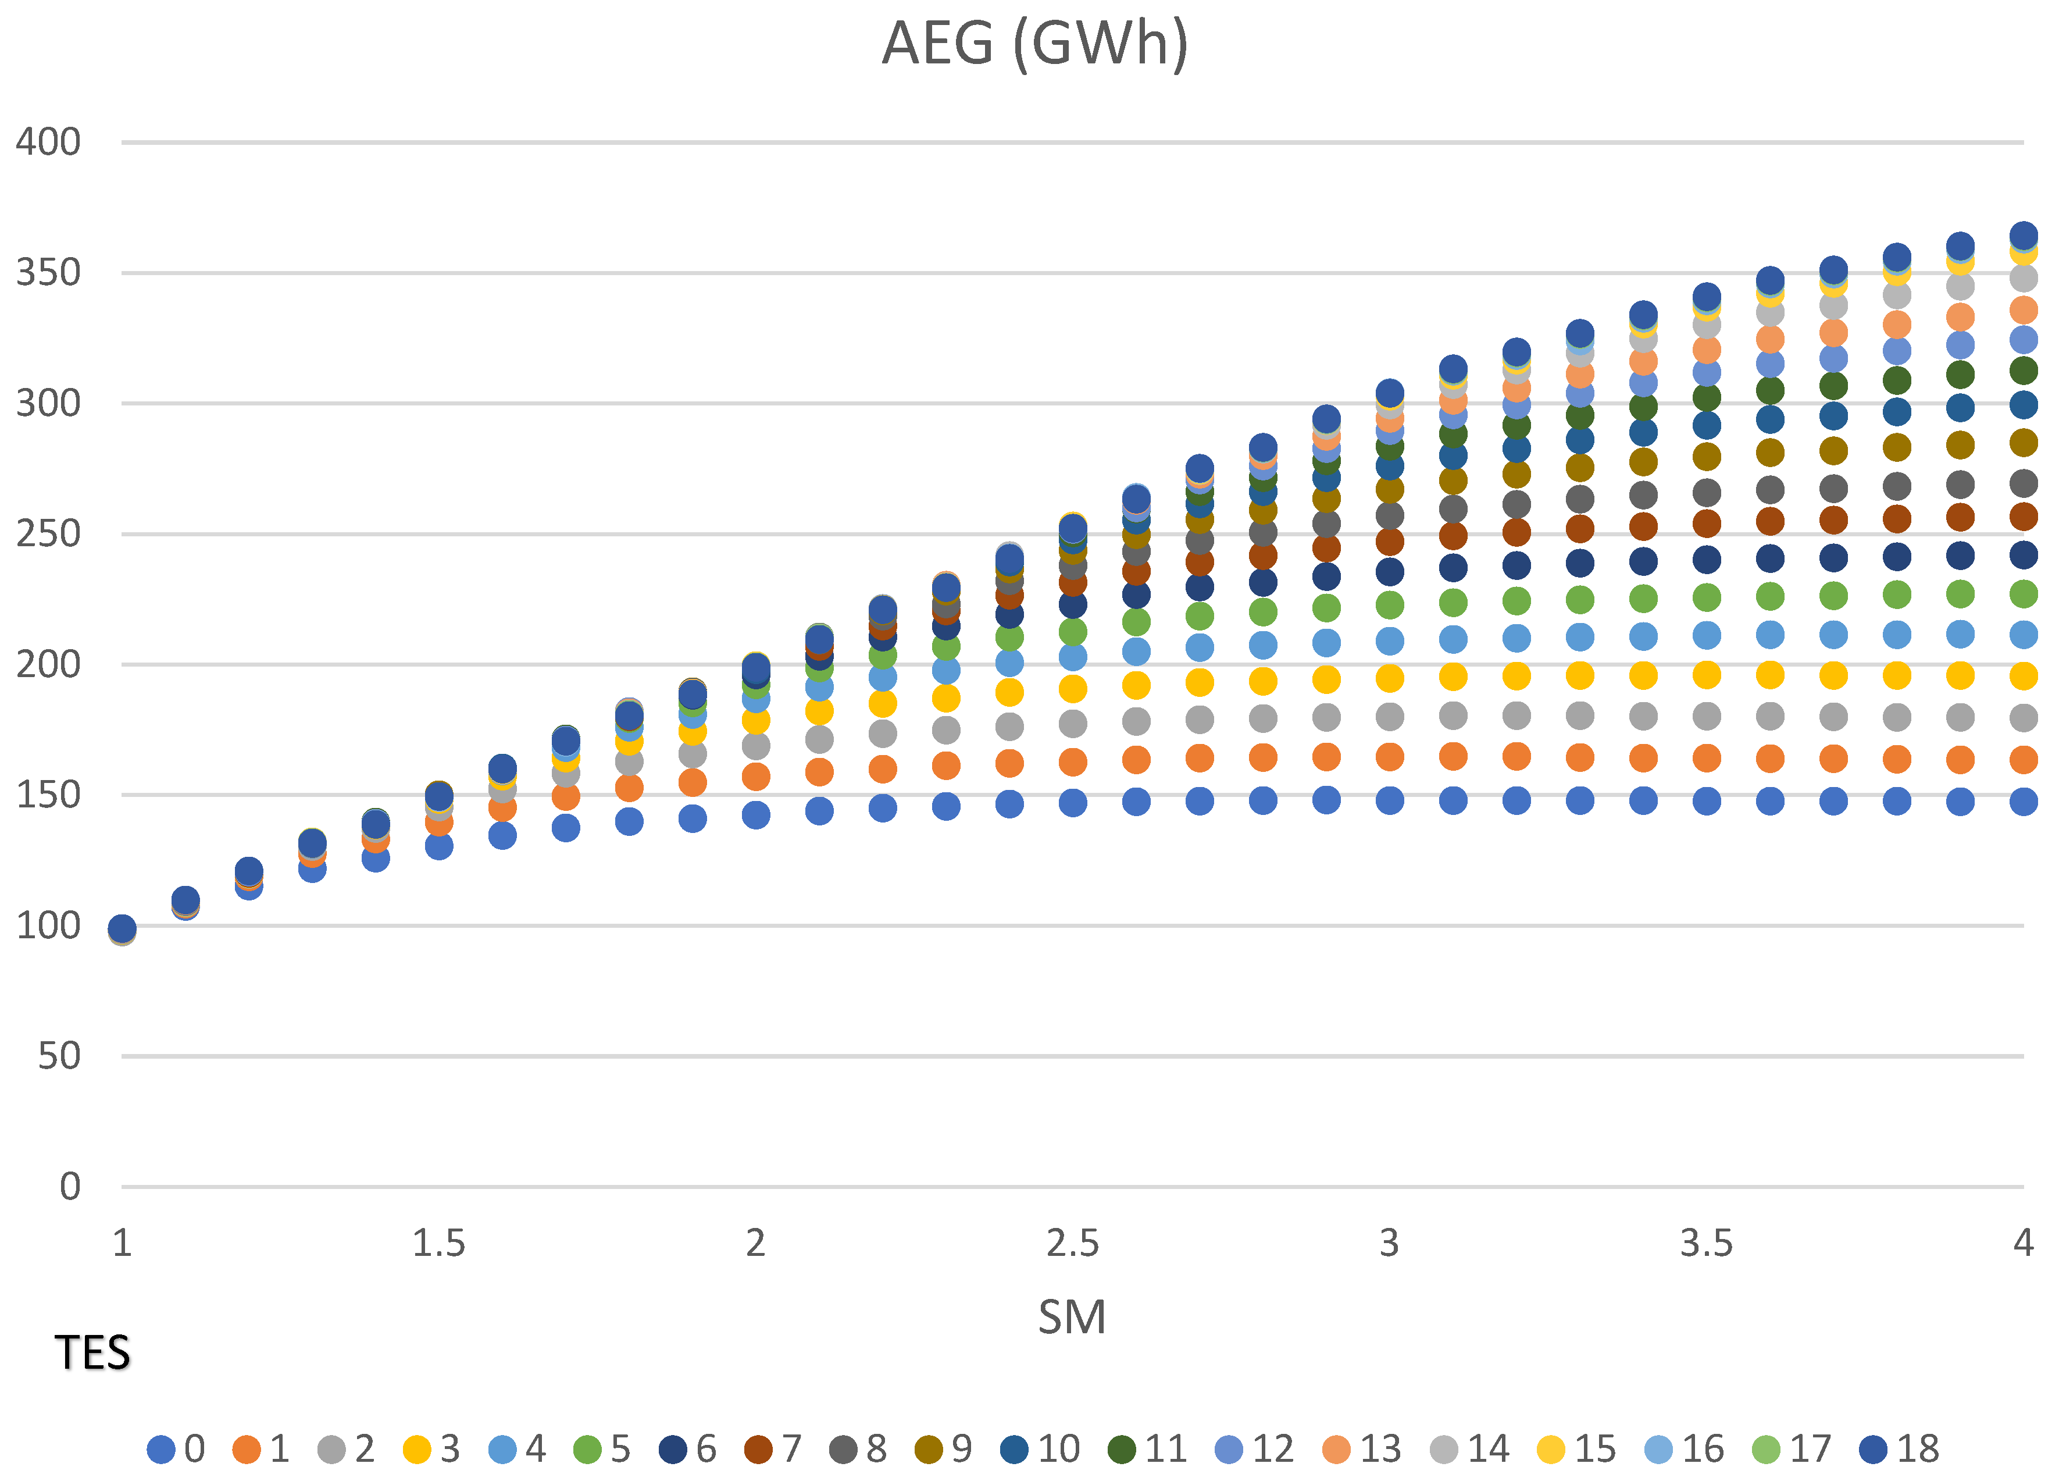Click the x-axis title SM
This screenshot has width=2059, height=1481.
tap(1072, 1316)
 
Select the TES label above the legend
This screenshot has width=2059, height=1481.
tap(92, 1353)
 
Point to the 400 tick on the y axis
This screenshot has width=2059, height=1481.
tap(48, 143)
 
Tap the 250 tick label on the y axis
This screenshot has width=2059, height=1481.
tap(48, 534)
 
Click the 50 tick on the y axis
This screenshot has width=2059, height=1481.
tap(59, 1056)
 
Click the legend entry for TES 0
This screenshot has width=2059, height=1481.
tap(177, 1449)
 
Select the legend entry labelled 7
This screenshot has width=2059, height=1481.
tap(773, 1449)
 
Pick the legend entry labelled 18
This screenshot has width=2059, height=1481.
tap(1900, 1449)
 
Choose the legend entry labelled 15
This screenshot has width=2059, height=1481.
tap(1578, 1449)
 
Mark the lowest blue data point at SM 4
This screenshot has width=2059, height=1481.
tap(2024, 801)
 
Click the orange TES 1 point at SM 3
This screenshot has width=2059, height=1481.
tap(1390, 756)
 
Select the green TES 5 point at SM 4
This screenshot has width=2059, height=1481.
tap(2024, 594)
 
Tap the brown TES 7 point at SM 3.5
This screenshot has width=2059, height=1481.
tap(1707, 523)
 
